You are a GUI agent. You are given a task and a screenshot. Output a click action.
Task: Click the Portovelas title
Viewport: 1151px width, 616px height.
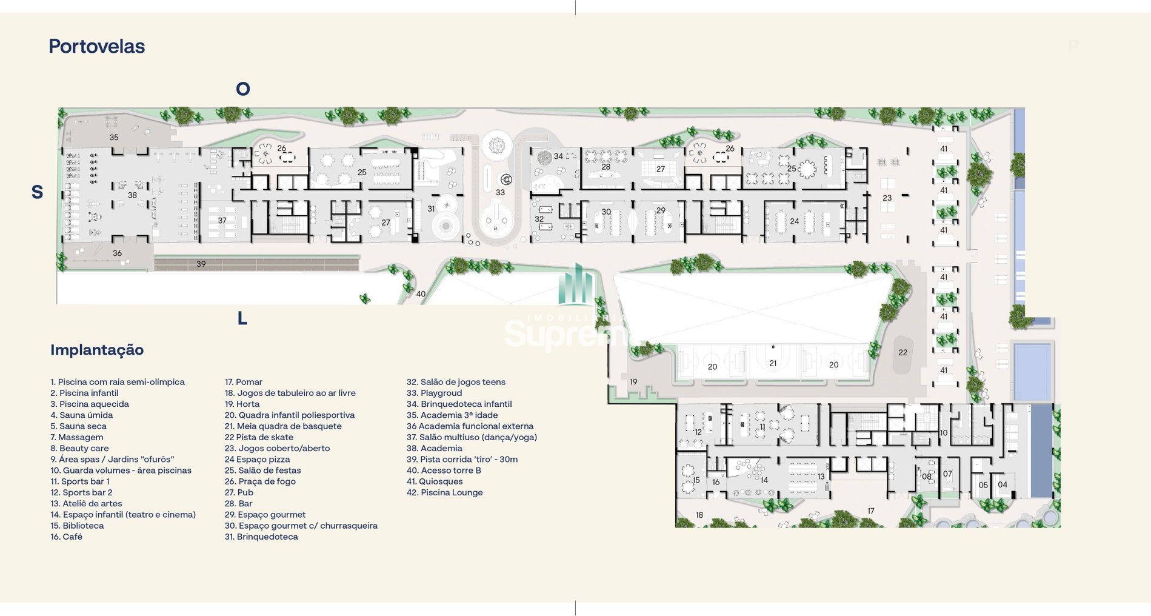click(x=96, y=46)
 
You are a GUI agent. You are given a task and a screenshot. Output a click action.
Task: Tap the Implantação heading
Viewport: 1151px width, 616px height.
click(x=97, y=350)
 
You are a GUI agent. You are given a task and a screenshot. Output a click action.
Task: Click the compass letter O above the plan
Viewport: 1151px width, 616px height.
click(x=243, y=89)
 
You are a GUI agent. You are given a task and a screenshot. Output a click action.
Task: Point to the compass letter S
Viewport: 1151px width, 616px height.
click(x=37, y=192)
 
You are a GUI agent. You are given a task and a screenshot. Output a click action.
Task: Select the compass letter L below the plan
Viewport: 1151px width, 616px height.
click(x=242, y=318)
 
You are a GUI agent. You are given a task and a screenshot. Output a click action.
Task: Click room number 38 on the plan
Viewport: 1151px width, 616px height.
click(x=132, y=195)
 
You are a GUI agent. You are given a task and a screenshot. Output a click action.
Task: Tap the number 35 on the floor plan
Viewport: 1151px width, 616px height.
click(x=114, y=138)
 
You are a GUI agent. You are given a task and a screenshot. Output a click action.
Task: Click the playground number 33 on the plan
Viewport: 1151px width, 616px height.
click(x=500, y=192)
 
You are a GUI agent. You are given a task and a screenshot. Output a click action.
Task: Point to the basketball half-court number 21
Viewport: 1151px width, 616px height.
click(x=773, y=363)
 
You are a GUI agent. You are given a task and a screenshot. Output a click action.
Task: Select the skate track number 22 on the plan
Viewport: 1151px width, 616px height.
click(x=903, y=352)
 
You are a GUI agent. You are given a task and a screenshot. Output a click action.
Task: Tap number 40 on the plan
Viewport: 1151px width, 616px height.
click(x=421, y=294)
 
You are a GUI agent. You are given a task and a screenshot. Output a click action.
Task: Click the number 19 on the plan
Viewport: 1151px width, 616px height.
click(x=633, y=382)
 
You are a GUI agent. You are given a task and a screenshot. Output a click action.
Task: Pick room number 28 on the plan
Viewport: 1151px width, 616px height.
click(x=606, y=167)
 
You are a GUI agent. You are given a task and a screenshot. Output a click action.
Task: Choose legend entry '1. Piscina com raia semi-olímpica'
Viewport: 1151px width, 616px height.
click(x=118, y=382)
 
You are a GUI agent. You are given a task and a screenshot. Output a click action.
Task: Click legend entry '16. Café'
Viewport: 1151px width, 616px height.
click(x=67, y=537)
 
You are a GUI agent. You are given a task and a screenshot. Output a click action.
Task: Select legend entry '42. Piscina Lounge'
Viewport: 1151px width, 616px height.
click(x=445, y=492)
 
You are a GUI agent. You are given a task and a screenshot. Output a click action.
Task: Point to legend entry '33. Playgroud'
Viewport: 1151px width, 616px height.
click(x=435, y=393)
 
